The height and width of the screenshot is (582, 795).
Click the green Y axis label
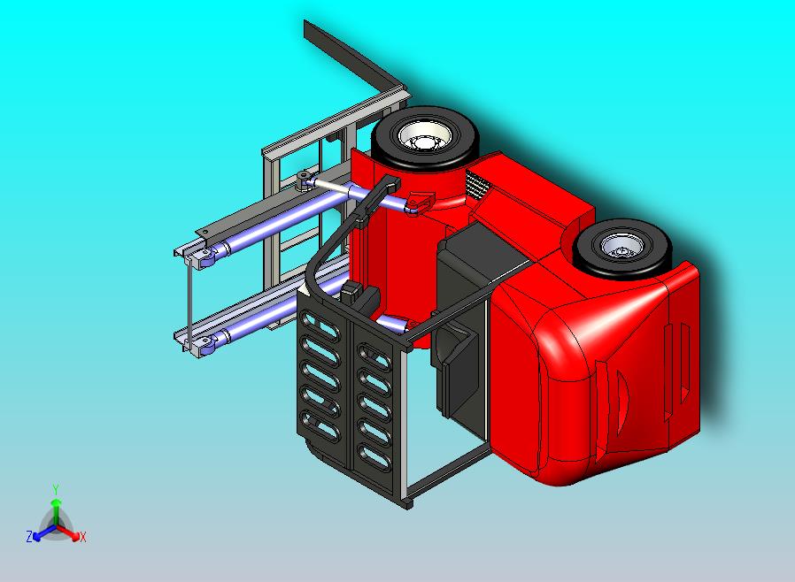point(56,489)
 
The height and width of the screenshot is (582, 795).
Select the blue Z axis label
point(29,536)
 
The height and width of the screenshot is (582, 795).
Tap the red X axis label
point(82,537)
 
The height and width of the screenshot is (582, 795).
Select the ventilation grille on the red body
point(477,187)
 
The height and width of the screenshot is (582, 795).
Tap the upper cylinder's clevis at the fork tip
point(205,257)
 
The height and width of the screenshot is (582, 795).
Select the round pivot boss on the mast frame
point(304,180)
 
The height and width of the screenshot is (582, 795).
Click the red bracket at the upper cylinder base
point(419,203)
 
